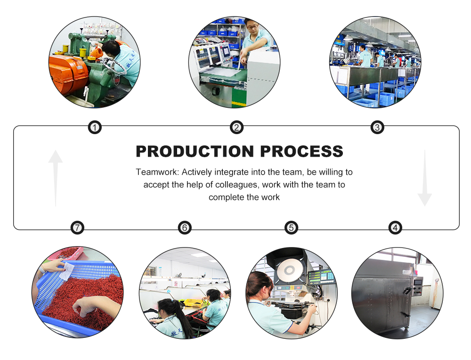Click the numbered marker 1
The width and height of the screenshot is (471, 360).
pos(95,128)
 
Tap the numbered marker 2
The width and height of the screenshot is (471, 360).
pos(237,128)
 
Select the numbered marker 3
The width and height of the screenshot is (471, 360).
pos(377,128)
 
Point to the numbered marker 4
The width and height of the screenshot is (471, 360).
pos(395,228)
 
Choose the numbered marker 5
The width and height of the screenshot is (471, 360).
pos(291,228)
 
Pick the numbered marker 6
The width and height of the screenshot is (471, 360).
pos(185,228)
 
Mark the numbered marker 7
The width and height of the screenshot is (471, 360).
pos(78,228)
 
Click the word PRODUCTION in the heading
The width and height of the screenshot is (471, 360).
pos(195,151)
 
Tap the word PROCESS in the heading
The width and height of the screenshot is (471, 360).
pos(301,151)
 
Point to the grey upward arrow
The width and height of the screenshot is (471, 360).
pos(56,178)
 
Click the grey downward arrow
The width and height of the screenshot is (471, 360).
pos(425,178)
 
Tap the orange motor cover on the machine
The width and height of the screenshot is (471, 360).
pos(68,73)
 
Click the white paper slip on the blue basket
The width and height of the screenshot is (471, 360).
pos(67,271)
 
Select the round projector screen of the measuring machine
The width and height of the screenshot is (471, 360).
pos(289,270)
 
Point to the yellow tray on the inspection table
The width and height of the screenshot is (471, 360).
pos(192,303)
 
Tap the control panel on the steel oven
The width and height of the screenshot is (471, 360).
pos(417,286)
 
